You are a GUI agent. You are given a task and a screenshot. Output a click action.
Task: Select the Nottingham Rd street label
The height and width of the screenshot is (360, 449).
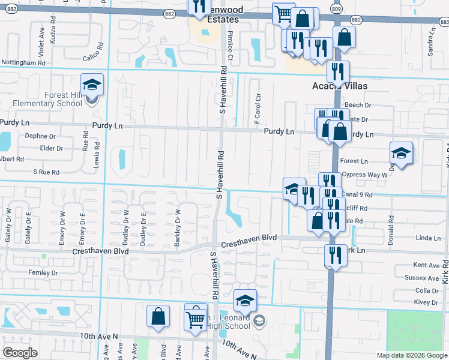click(x=23, y=62)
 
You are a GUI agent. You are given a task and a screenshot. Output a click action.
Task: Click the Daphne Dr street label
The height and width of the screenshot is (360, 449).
click(x=40, y=136)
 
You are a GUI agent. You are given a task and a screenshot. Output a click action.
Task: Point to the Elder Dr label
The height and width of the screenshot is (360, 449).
click(x=51, y=148)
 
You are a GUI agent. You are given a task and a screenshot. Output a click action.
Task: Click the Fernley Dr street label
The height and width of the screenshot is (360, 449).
click(x=43, y=272)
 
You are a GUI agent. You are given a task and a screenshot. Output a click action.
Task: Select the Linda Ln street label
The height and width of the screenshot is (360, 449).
click(x=428, y=238)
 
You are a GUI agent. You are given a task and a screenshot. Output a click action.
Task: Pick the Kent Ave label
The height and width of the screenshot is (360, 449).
click(x=427, y=265)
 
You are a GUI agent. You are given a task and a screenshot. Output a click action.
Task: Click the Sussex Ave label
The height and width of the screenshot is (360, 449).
click(x=422, y=278)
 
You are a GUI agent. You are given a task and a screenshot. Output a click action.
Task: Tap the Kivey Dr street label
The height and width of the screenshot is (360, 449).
click(x=427, y=302)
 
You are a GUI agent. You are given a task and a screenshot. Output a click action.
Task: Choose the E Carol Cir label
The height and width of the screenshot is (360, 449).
click(x=257, y=109)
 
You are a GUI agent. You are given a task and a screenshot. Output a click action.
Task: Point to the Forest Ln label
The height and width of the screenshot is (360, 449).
click(x=354, y=161)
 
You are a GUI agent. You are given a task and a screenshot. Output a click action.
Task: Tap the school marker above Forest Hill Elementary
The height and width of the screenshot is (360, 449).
click(x=92, y=85)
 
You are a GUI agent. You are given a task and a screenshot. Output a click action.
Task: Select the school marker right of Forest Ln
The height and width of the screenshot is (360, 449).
click(x=401, y=154)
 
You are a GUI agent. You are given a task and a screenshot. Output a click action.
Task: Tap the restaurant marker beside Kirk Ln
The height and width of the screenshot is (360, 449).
click(x=334, y=256)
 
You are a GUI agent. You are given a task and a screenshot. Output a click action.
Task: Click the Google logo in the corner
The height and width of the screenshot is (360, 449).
click(x=20, y=353)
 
